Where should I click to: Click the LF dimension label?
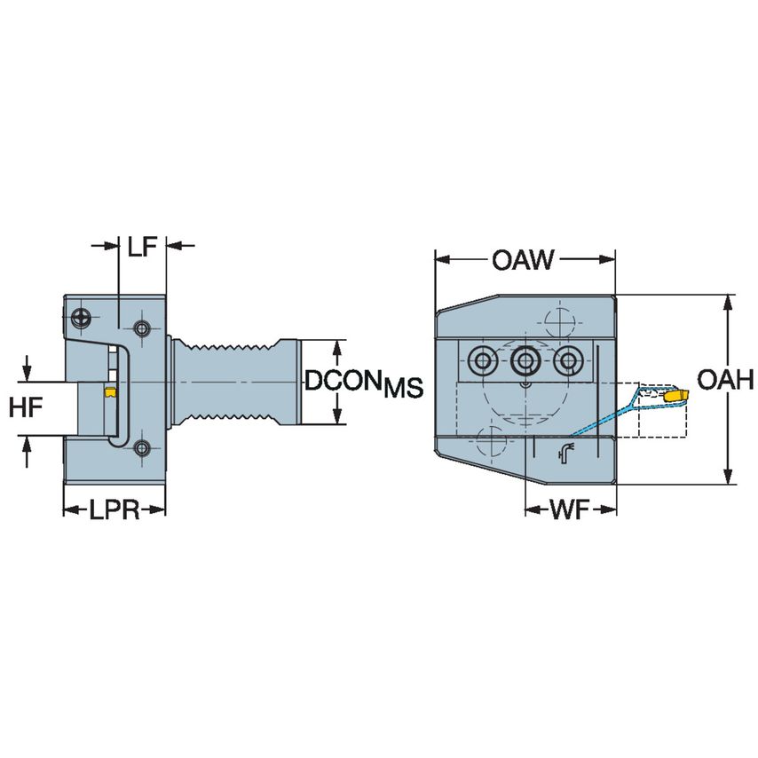[x=142, y=247]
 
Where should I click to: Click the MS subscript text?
[x=403, y=388]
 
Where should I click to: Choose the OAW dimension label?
[x=524, y=260]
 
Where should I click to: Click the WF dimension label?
[x=571, y=509]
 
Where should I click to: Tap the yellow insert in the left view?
[x=111, y=392]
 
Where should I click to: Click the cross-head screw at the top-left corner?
[x=83, y=315]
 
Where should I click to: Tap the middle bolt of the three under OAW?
[x=524, y=361]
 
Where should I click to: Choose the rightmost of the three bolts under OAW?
[x=565, y=361]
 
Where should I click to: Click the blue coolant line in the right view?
[x=604, y=417]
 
